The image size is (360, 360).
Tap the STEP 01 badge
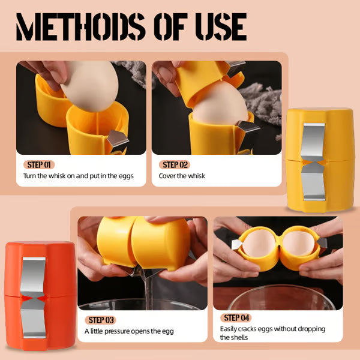(x=41, y=164)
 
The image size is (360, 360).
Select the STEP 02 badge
(x=176, y=164)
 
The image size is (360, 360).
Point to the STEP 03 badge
(x=101, y=320)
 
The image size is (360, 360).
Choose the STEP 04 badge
(x=236, y=318)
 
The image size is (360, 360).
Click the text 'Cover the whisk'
(x=182, y=176)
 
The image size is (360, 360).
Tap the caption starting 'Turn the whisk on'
(x=79, y=176)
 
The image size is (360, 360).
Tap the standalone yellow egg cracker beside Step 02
(x=320, y=159)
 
